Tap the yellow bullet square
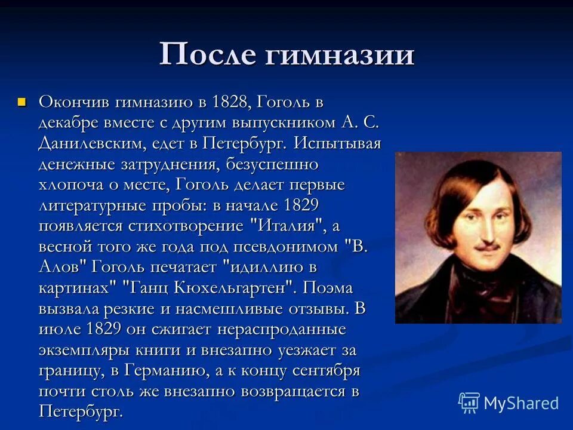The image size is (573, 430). pyautogui.click(x=23, y=101)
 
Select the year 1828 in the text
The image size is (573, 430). pyautogui.click(x=231, y=102)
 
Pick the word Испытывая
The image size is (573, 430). pyautogui.click(x=337, y=144)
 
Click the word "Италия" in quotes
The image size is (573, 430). pyautogui.click(x=285, y=226)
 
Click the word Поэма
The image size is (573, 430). pyautogui.click(x=328, y=288)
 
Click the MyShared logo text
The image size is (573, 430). pyautogui.click(x=521, y=403)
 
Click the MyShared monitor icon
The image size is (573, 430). pyautogui.click(x=469, y=403)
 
